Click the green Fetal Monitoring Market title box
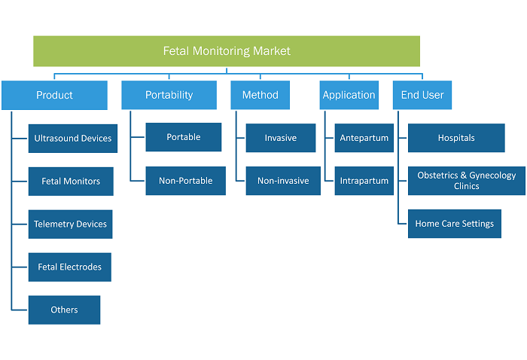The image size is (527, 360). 227,51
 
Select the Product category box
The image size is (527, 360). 54,95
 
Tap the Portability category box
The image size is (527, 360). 169,95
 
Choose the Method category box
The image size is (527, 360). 260,95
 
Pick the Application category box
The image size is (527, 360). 349,95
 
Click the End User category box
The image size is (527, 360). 422,95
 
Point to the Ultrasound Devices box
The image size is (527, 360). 73,139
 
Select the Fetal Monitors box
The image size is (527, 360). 71,182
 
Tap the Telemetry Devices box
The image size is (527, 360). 70,224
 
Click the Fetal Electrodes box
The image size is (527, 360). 70,267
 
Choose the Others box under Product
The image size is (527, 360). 64,310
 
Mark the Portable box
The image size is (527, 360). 184,137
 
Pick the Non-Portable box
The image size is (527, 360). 185,181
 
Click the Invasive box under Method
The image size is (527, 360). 281,138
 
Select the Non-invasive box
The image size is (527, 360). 283,181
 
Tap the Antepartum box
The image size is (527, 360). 364,138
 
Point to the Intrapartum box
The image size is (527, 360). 364,181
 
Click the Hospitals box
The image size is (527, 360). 456,138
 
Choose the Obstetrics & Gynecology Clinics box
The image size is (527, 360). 467,181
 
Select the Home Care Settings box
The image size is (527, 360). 455,224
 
